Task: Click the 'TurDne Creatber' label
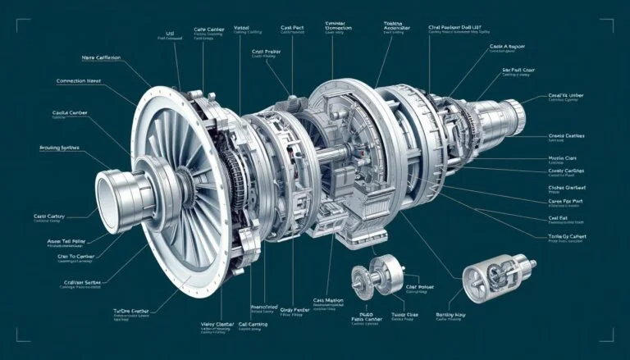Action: pyautogui.click(x=134, y=312)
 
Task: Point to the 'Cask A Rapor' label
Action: pyautogui.click(x=507, y=48)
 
